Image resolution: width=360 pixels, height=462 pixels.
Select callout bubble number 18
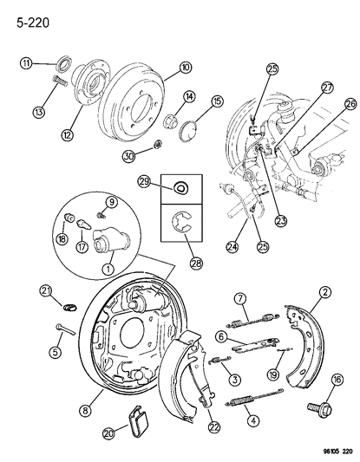click(62, 238)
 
